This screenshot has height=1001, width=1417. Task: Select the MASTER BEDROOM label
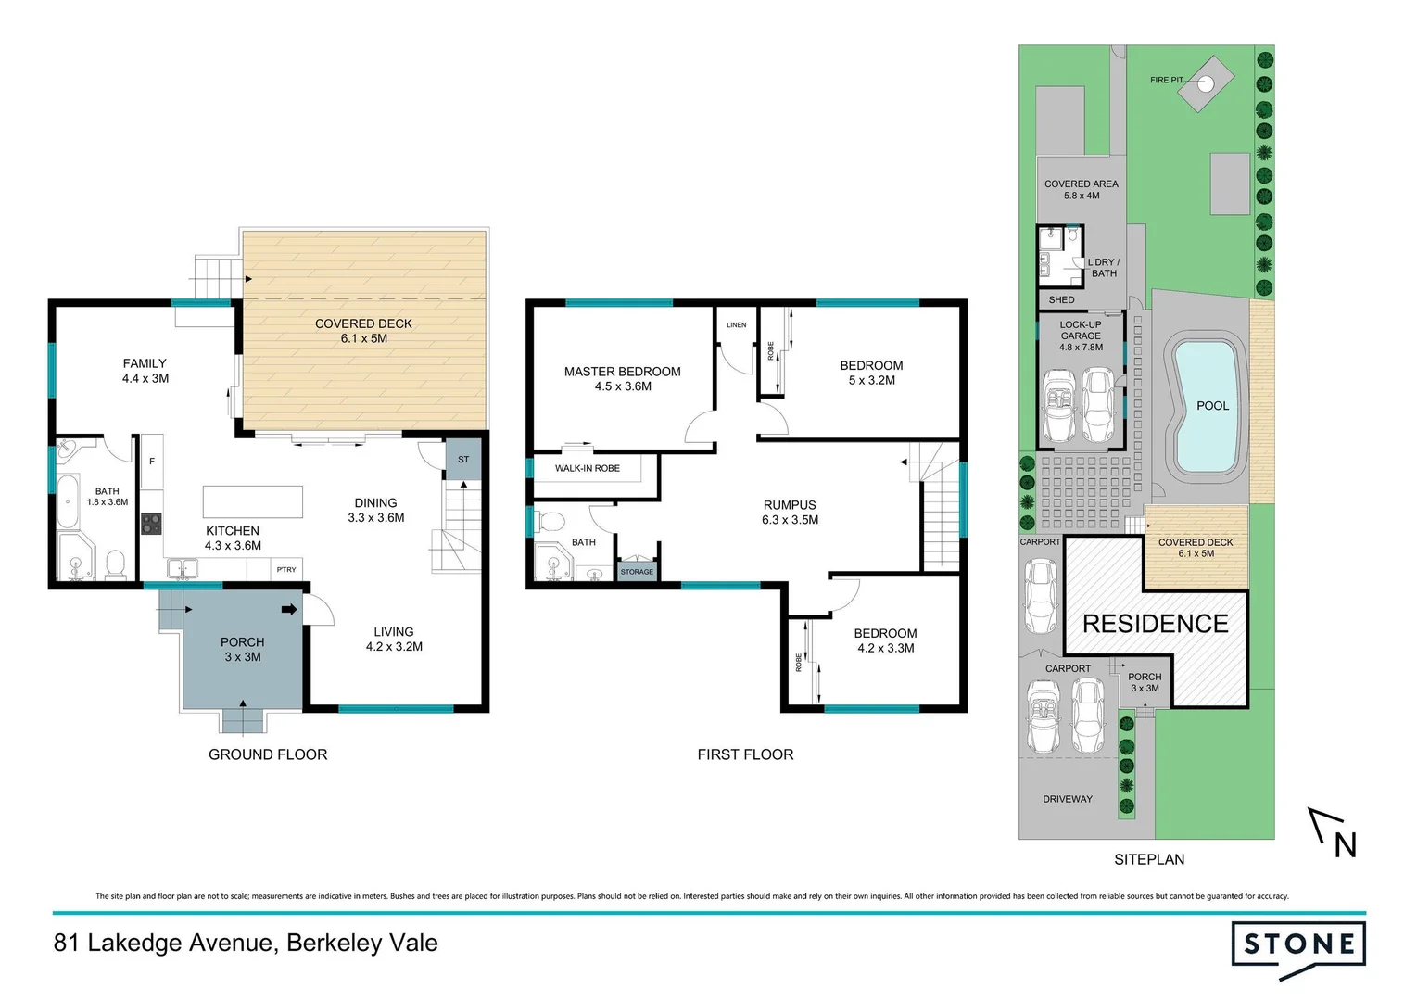[622, 378]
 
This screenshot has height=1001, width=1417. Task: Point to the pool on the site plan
[1206, 406]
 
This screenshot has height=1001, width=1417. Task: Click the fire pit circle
[1206, 83]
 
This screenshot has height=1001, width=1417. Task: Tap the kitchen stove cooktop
[151, 524]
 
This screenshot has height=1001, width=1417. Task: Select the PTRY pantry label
[286, 569]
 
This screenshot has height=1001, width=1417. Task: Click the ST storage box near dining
[463, 460]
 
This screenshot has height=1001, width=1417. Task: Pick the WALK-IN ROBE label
[587, 468]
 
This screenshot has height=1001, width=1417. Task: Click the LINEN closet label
[736, 325]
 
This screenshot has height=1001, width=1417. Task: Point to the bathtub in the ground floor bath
[69, 501]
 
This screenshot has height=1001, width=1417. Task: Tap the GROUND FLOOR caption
[268, 754]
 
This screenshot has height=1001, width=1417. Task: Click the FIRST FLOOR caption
[745, 754]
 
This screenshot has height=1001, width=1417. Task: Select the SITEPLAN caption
[1149, 859]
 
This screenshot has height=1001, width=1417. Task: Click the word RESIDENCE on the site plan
[1155, 624]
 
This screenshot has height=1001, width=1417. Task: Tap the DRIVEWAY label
[1067, 799]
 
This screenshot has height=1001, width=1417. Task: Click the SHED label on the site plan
[1061, 300]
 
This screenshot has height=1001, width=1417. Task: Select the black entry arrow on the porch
[289, 610]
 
